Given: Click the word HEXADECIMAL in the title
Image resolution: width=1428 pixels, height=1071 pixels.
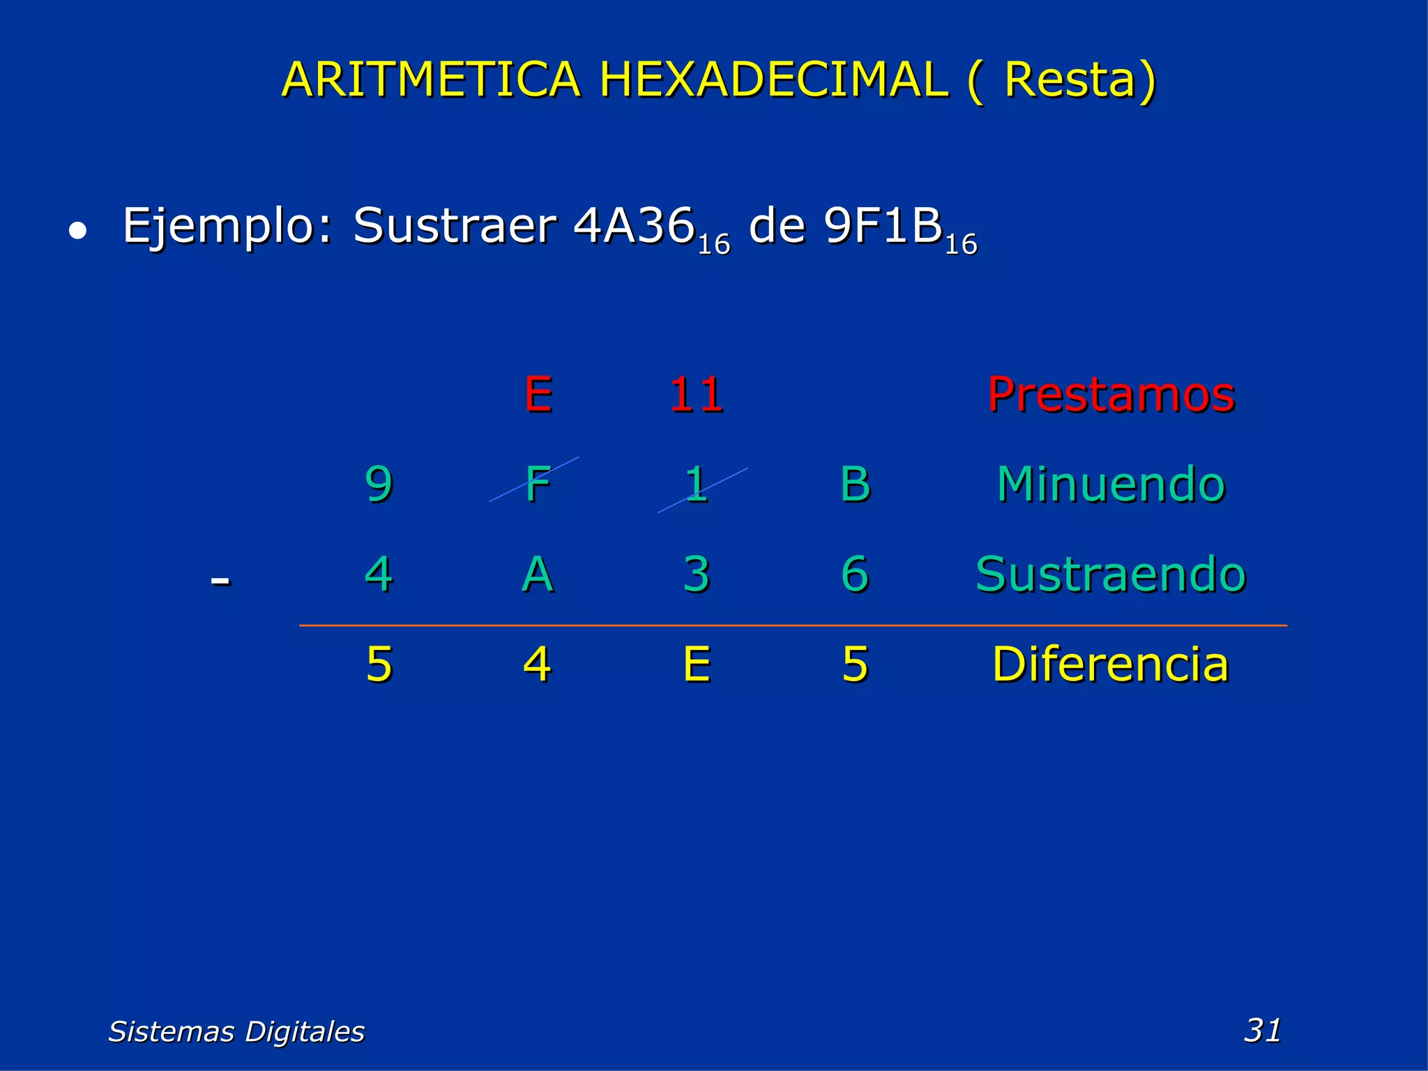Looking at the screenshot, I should (x=773, y=79).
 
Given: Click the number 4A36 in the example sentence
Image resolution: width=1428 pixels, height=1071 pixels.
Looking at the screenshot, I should (x=634, y=227).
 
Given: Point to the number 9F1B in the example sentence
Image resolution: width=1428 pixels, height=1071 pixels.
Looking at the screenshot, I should (x=883, y=227).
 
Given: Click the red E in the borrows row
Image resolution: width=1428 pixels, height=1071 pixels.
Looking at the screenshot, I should (x=538, y=394).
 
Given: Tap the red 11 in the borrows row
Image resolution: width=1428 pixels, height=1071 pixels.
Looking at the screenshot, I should (x=696, y=395).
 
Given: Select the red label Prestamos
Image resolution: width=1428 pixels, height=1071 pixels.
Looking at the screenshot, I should (x=1111, y=395).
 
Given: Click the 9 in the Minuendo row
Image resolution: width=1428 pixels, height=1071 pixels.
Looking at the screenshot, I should (x=379, y=484).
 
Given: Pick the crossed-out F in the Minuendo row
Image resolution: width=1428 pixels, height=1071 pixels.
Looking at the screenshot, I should (x=538, y=484).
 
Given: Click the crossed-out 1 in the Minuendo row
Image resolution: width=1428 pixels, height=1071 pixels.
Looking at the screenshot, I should (x=697, y=484).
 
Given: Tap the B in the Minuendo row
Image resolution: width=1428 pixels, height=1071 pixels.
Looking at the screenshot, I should (x=855, y=484).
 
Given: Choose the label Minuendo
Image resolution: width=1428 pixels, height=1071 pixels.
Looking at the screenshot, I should (x=1111, y=484).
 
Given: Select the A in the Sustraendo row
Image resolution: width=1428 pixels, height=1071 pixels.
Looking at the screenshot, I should (x=538, y=575).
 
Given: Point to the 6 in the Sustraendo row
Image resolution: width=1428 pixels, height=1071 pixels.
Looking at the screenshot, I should (x=855, y=575).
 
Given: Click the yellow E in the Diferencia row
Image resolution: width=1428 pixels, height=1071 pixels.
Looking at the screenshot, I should (x=697, y=664).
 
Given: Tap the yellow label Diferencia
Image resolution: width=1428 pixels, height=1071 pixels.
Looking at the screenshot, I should (x=1111, y=664).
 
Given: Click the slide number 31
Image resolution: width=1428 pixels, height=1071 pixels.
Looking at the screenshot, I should (x=1262, y=1030).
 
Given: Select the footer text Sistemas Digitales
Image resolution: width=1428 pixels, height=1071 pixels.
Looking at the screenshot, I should (x=236, y=1031).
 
